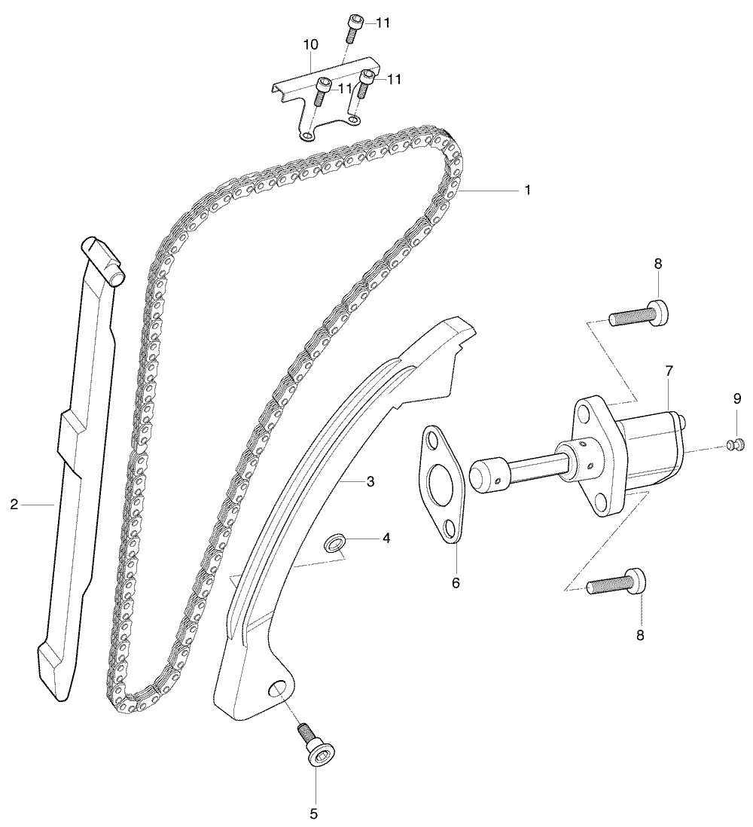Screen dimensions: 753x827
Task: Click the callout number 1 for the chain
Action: pos(527,190)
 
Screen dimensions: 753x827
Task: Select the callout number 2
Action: pos(14,505)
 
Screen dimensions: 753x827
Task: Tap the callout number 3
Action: pos(370,481)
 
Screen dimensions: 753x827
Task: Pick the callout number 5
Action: pos(314,813)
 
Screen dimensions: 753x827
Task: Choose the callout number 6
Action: pos(456,583)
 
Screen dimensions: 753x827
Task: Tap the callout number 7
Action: pos(669,371)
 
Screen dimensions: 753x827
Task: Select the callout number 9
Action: pos(737,398)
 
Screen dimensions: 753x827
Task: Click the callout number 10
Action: pos(310,45)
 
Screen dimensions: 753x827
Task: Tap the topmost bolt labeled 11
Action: pos(352,28)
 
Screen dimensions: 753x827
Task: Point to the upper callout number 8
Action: pos(658,264)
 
